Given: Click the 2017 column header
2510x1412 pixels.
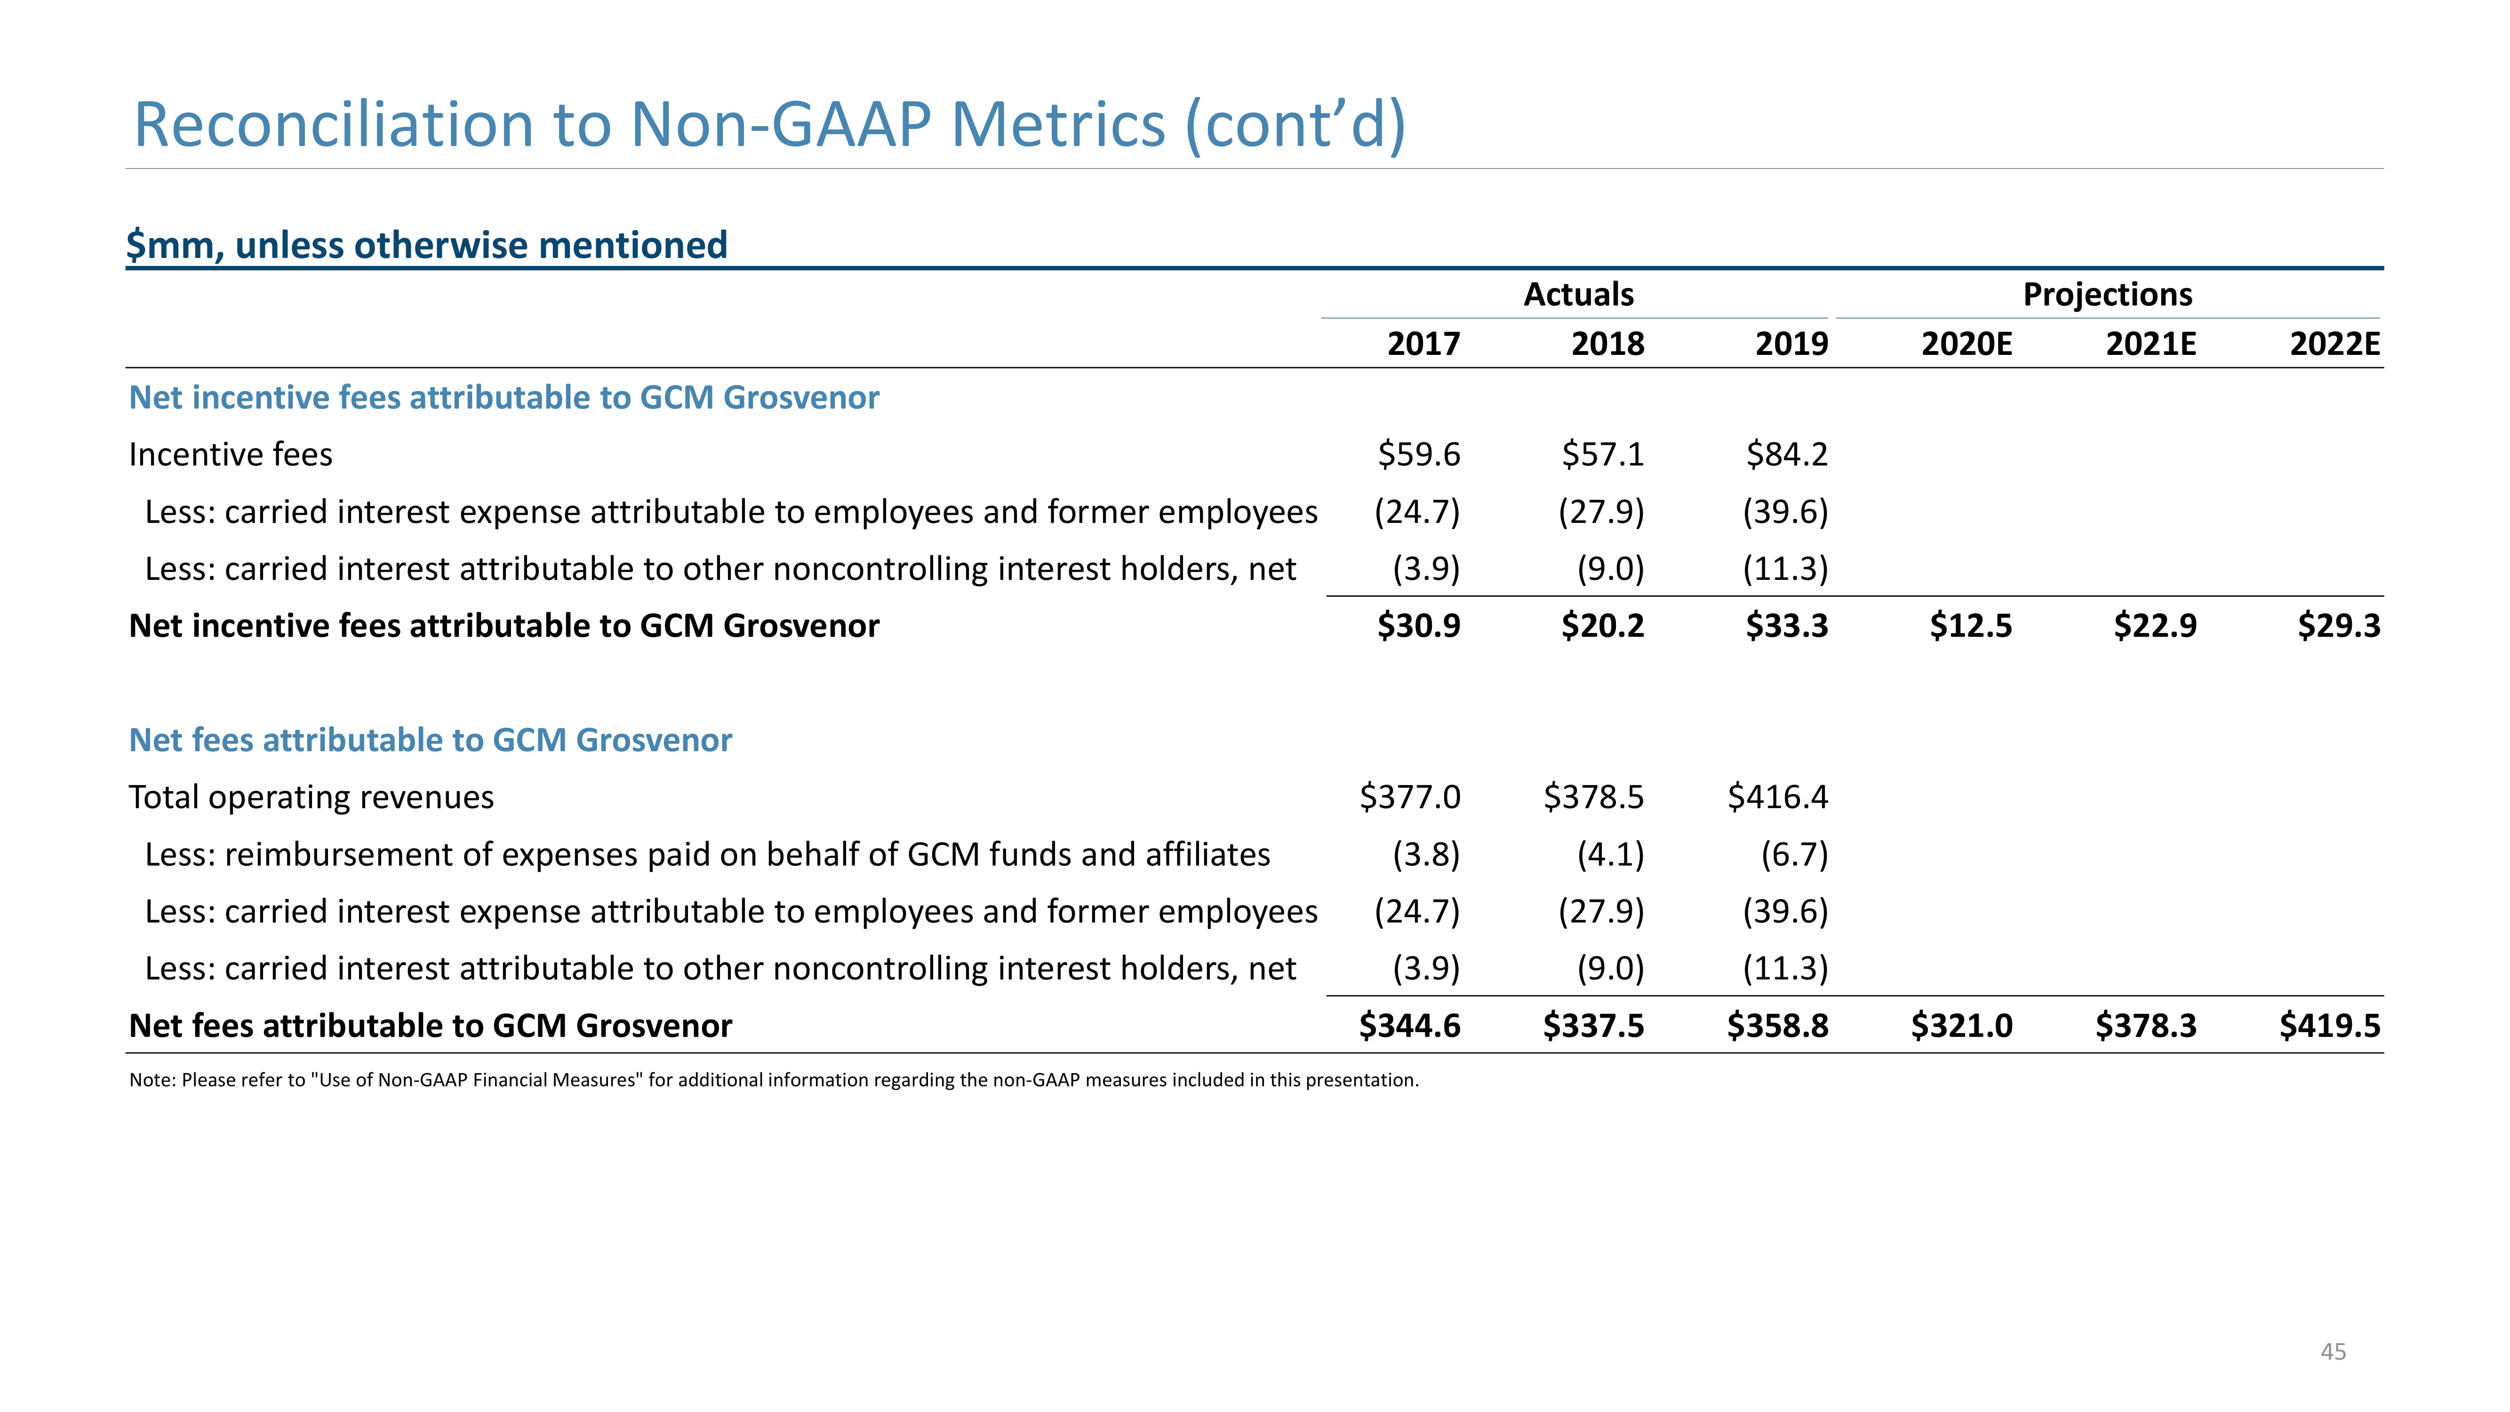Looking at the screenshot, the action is coord(1423,344).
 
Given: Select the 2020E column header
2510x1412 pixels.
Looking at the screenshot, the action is coord(1966,344).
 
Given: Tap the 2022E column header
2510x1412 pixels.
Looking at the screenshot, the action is coord(2334,344).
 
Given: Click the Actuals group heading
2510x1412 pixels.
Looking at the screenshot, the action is coord(1578,294).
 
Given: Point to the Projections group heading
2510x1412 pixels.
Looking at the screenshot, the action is coord(2108,294).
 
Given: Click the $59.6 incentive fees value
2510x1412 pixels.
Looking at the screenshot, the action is coord(1419,454).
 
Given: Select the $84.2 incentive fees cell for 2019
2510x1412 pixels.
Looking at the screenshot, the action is coord(1787,454).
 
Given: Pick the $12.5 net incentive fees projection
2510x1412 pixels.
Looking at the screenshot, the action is coord(1971,626).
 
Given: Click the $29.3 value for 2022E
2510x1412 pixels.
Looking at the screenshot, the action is coord(2339,626).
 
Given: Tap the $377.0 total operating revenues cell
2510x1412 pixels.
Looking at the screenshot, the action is coord(1410,797).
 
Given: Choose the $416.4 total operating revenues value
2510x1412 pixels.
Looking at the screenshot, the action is coord(1778,797).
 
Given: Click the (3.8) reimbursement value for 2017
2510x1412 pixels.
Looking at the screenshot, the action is coord(1426,855).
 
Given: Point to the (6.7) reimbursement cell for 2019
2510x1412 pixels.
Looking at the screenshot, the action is coord(1795,855).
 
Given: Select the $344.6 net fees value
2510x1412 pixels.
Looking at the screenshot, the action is coord(1410,1026).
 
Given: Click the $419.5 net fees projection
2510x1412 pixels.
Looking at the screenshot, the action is coord(2330,1026).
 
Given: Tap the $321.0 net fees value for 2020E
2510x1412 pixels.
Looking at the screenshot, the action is coord(1961,1026).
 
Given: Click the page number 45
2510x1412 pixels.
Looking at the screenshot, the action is coord(2334,1352).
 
